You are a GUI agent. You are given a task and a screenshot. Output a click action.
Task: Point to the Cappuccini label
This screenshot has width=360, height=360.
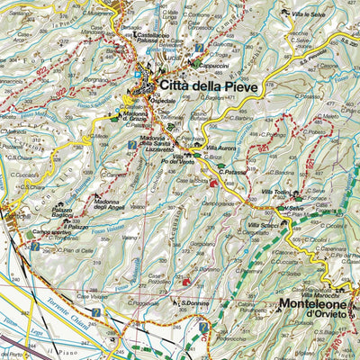click(x=216, y=64)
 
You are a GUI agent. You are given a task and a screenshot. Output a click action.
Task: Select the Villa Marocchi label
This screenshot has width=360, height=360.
click(x=319, y=295)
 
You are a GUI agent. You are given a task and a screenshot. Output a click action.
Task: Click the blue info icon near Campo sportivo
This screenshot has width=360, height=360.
click(x=34, y=245)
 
